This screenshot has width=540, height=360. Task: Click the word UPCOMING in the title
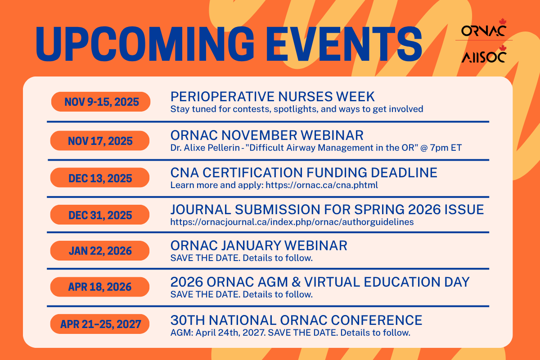tap(145, 44)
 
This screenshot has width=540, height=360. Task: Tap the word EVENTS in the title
tap(344, 44)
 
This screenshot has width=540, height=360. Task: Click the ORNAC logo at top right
tap(484, 28)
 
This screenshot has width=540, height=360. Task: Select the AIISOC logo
tap(484, 54)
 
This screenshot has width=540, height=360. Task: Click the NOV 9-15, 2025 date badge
tap(101, 102)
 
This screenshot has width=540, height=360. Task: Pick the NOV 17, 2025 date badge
tap(100, 141)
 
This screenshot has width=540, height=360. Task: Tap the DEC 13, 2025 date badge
tap(100, 178)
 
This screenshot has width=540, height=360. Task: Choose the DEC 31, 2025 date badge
tap(100, 215)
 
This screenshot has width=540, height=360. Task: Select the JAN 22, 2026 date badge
tap(100, 251)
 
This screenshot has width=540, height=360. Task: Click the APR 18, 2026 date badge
tap(100, 287)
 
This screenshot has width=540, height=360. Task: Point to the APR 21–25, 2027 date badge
tap(100, 324)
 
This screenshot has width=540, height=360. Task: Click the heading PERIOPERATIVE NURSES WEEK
tap(272, 97)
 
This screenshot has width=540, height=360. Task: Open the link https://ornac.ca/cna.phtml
tap(322, 185)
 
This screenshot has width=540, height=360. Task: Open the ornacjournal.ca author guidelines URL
tap(292, 222)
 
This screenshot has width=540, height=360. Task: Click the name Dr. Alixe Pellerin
tap(205, 148)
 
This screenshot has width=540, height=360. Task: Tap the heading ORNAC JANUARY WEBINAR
tap(259, 246)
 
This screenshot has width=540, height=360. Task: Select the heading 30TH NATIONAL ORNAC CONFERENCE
tap(296, 320)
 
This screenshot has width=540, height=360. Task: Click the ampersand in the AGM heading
tap(296, 282)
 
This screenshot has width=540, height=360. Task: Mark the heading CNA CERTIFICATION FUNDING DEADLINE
tap(304, 173)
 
